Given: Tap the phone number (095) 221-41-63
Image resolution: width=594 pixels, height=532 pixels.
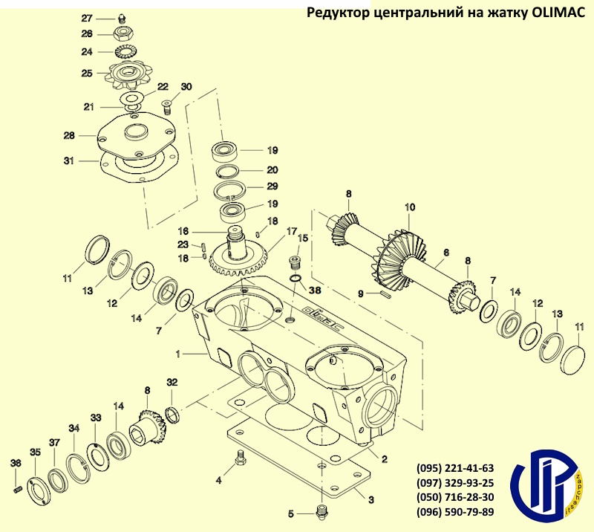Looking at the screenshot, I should point(456,469).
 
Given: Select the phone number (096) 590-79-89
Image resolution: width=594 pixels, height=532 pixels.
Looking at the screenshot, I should point(456,512).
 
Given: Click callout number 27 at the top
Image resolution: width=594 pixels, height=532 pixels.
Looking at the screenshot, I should point(87,18).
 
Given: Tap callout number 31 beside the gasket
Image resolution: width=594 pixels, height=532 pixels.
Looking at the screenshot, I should point(68,160).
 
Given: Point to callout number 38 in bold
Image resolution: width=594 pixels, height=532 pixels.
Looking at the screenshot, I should point(315,291).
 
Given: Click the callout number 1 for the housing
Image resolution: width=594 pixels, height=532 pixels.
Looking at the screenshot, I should point(178,354).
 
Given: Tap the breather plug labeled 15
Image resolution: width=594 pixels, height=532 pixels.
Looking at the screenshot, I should point(294,264).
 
